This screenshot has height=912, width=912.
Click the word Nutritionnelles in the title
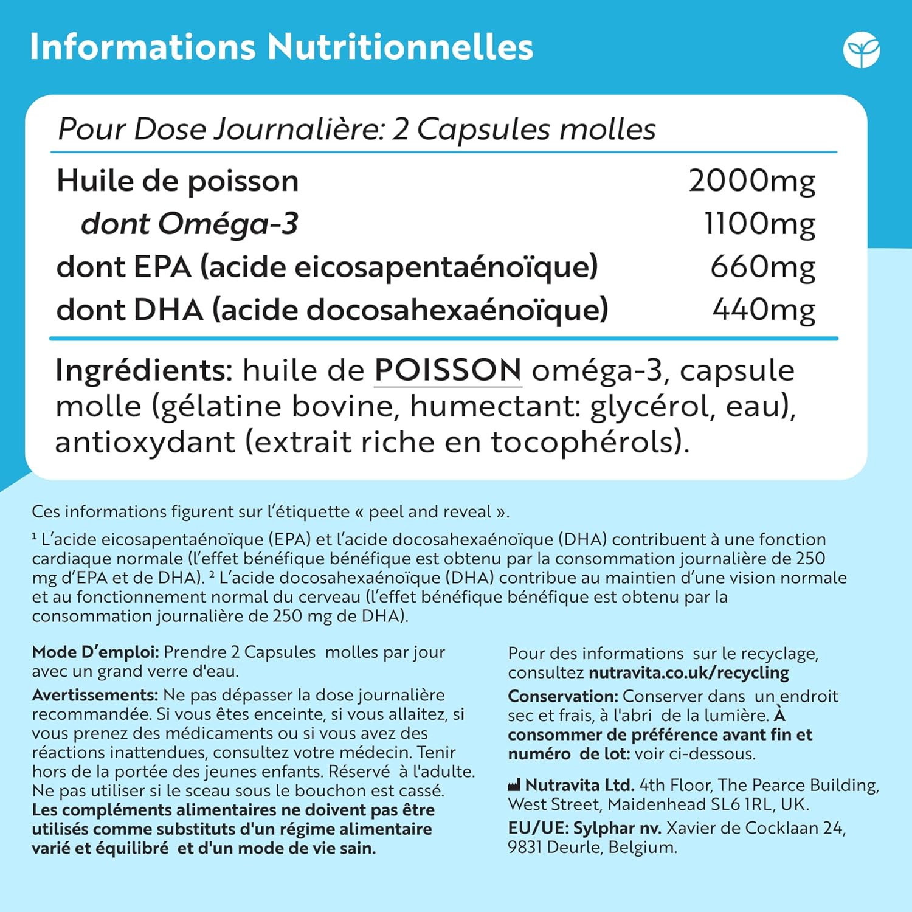[x=400, y=47]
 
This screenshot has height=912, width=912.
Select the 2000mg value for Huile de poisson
[x=751, y=181]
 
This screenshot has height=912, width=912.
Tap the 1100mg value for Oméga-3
[x=759, y=224]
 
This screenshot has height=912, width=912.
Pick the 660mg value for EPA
[x=762, y=268]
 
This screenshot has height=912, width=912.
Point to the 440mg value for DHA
[x=764, y=310]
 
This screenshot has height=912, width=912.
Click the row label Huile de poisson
[x=178, y=181]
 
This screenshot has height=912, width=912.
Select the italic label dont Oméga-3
[x=189, y=224]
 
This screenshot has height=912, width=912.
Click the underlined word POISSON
[x=447, y=370]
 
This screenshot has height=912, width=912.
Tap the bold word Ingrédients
[x=144, y=370]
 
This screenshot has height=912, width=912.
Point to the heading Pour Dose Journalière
[x=221, y=129]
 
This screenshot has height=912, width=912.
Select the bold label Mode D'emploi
[x=95, y=652]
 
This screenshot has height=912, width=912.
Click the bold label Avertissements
[x=95, y=695]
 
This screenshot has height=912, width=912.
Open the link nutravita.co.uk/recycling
[x=689, y=673]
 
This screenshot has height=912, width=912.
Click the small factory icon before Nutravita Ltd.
[x=514, y=786]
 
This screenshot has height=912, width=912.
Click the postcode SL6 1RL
[x=741, y=804]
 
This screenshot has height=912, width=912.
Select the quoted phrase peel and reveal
[x=430, y=512]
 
